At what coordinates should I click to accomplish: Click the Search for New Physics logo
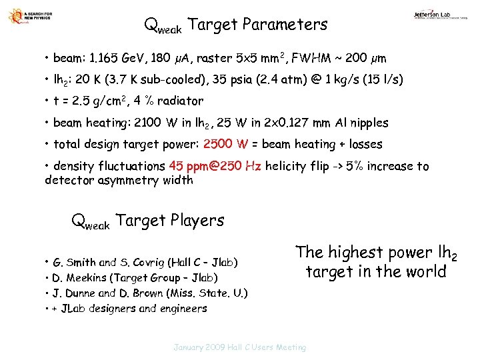[x=28, y=17]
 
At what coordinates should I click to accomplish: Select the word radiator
[x=179, y=101]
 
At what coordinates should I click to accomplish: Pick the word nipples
[x=366, y=123]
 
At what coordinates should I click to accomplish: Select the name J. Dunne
[x=76, y=293]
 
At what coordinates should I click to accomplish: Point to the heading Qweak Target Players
[x=147, y=221]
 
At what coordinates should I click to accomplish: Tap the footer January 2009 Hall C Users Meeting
[x=240, y=347]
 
